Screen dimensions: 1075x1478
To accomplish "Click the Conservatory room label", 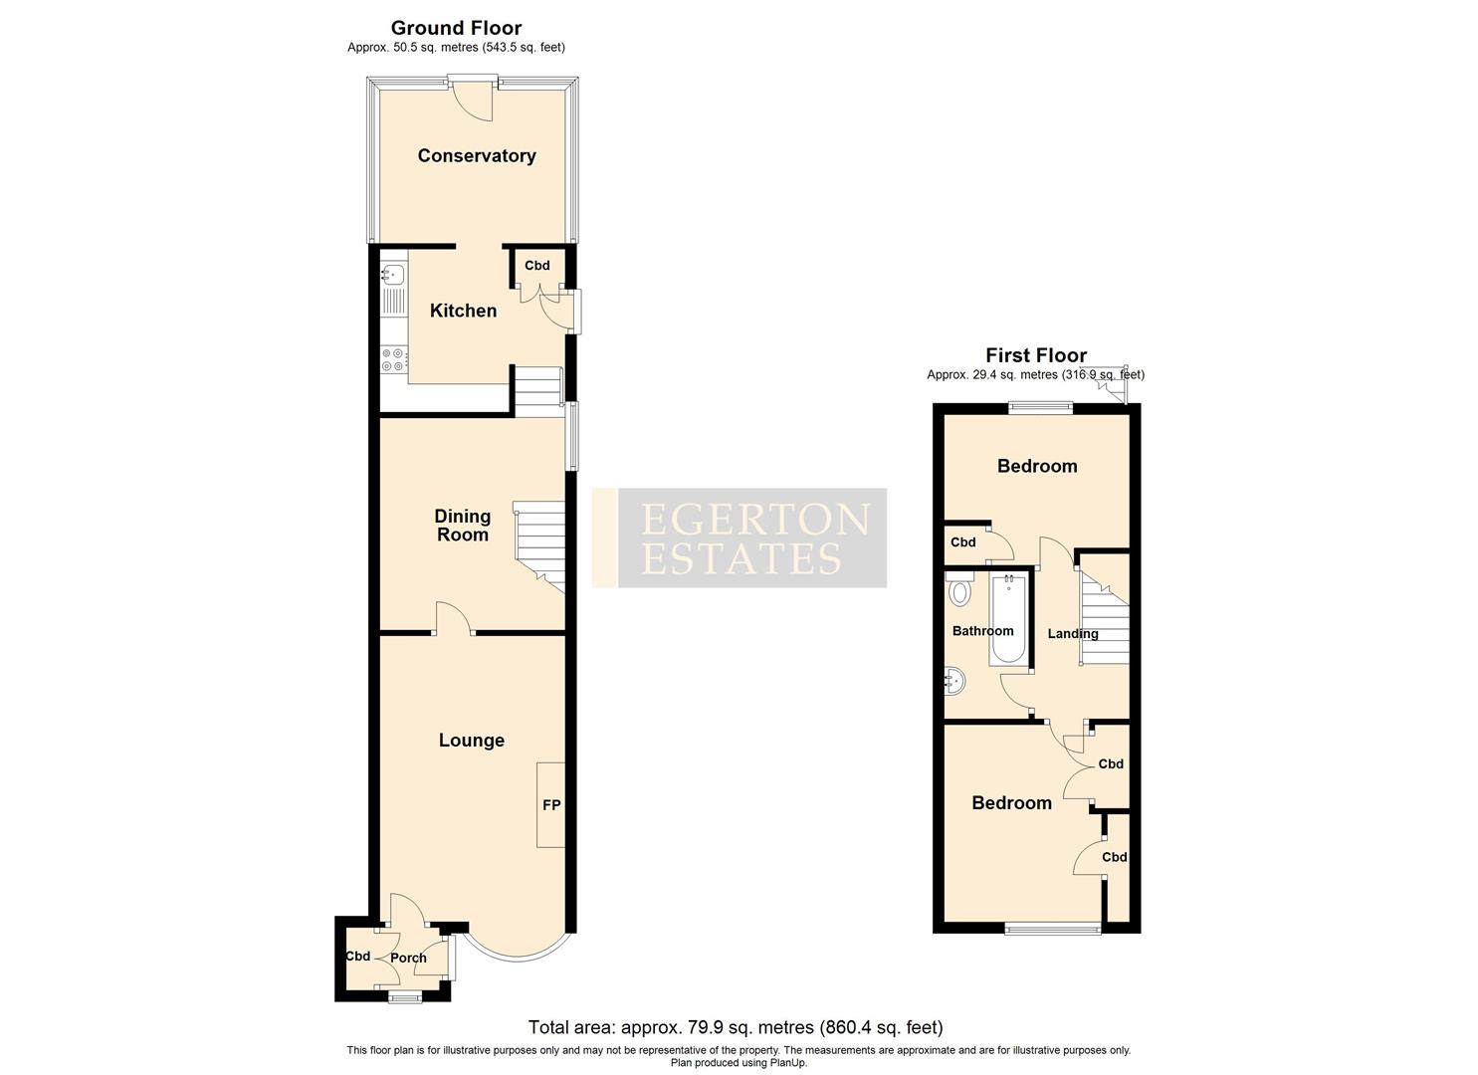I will click(x=476, y=155).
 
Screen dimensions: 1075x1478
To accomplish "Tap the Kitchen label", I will click(x=463, y=311).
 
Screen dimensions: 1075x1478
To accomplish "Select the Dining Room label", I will click(x=463, y=525).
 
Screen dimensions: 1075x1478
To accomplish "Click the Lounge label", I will click(x=472, y=740).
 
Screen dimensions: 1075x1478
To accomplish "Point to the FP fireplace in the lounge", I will click(x=551, y=804).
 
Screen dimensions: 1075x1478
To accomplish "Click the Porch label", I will click(x=408, y=958).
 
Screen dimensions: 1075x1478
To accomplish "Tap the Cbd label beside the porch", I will click(x=357, y=956).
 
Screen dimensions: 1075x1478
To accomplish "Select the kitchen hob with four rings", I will click(x=393, y=359).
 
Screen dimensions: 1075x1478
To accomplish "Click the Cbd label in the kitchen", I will click(x=537, y=266).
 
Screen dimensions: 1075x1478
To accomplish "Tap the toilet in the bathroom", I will click(x=959, y=592).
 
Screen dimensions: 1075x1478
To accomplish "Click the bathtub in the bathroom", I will click(x=1008, y=620).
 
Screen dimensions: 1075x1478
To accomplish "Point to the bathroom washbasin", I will click(x=955, y=681).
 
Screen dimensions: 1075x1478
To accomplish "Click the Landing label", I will click(x=1073, y=633).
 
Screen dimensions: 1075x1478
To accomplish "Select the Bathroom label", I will click(x=982, y=630).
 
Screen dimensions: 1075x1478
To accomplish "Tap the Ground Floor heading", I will click(x=456, y=28).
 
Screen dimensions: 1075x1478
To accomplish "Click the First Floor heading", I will click(x=1036, y=354).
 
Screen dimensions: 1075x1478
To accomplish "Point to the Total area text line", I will click(x=736, y=1027).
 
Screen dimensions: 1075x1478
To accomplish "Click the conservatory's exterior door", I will click(x=470, y=100).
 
